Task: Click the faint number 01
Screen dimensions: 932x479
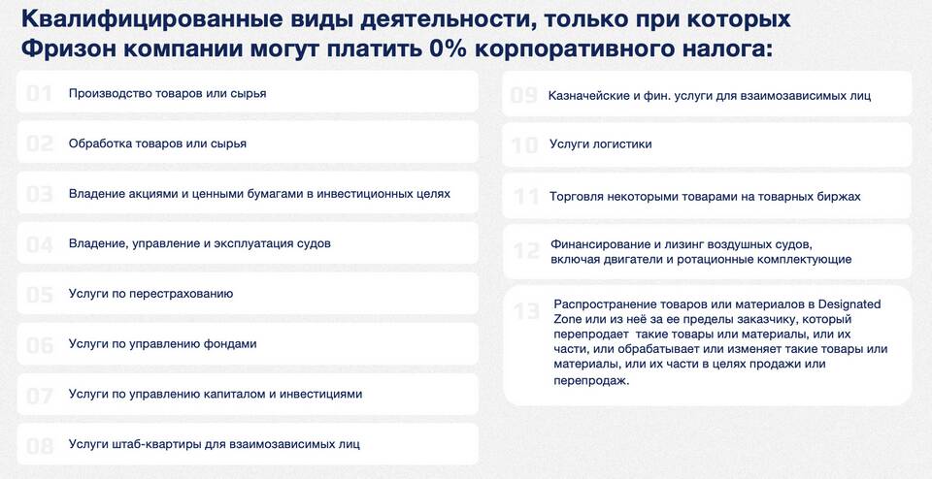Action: click(x=39, y=93)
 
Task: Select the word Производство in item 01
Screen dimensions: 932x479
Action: click(x=110, y=94)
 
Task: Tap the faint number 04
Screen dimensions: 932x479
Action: click(x=40, y=244)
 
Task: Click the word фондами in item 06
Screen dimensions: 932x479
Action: click(x=232, y=344)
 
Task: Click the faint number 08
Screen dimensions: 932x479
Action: click(x=40, y=446)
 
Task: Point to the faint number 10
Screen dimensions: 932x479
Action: click(x=525, y=145)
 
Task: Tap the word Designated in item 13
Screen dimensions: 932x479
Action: click(x=849, y=303)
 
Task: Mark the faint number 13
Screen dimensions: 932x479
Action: click(x=526, y=311)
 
